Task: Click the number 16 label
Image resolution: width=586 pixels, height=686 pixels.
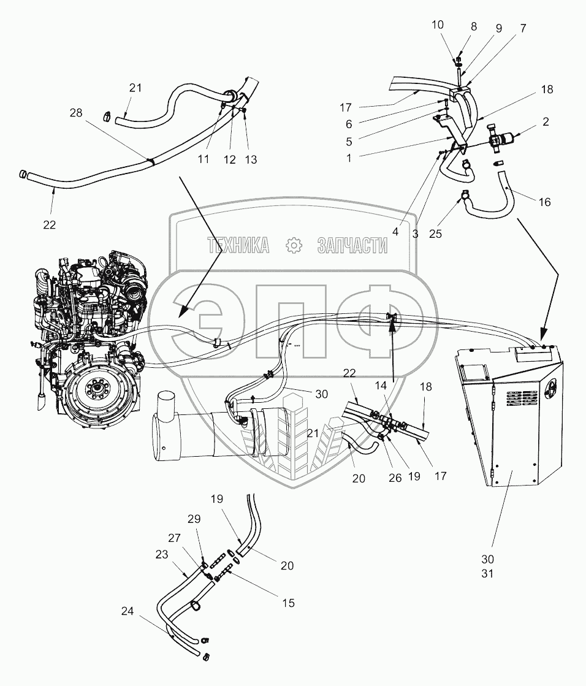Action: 544,202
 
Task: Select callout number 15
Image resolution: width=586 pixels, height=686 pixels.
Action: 288,603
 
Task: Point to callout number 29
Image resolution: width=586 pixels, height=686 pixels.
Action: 194,519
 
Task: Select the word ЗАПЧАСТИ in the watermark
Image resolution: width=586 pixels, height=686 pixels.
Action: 352,246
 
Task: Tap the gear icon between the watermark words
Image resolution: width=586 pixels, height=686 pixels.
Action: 295,245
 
